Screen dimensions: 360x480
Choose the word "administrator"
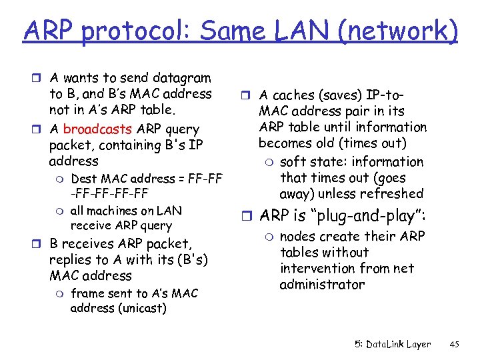point(322,285)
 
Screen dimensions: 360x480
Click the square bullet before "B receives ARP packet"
point(41,244)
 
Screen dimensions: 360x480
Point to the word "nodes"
point(296,237)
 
